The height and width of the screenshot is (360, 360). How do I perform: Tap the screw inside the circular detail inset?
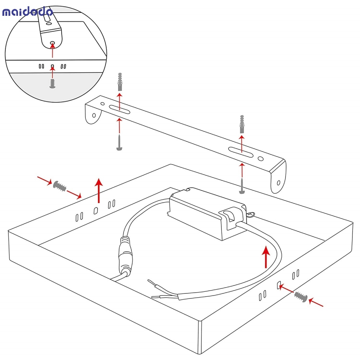tap(52, 84)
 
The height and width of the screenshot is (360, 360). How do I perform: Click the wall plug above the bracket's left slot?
tap(120, 82)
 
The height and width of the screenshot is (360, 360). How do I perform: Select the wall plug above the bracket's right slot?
tap(242, 124)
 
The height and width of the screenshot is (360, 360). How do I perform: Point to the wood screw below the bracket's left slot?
tap(119, 143)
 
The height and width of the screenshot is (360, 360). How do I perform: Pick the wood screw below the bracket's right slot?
tap(242, 185)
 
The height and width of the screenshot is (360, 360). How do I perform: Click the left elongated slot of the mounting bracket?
tap(120, 109)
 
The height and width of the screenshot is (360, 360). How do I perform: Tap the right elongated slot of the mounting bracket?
tap(240, 152)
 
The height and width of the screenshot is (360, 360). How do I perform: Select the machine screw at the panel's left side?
tap(60, 186)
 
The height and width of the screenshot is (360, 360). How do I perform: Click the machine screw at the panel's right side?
tap(301, 297)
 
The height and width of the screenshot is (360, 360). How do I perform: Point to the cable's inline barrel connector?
tap(126, 255)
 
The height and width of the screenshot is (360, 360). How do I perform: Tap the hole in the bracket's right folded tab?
tap(279, 183)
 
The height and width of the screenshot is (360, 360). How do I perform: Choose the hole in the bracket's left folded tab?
tap(94, 115)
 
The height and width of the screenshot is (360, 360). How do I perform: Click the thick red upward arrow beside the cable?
tap(266, 257)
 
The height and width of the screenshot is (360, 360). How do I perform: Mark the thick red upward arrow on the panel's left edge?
tap(99, 190)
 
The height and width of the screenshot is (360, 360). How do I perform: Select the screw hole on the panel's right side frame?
tap(279, 285)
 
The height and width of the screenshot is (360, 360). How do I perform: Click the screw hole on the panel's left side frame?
tap(96, 210)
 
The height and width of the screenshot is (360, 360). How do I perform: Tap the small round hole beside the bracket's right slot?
tap(261, 158)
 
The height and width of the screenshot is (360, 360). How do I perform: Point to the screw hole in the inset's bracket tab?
tap(53, 43)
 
